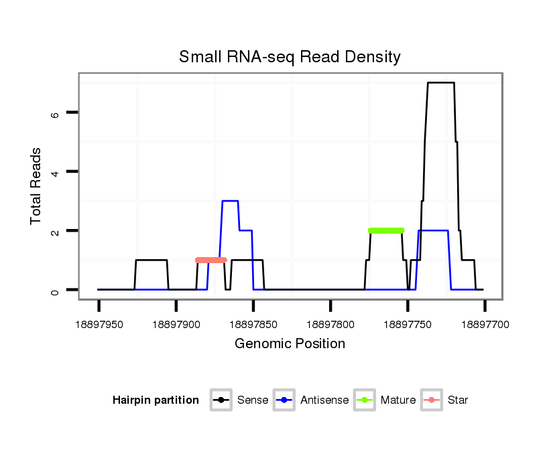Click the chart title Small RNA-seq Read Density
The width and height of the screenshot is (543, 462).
pyautogui.click(x=290, y=57)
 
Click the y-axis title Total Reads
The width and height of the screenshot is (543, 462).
pyautogui.click(x=36, y=186)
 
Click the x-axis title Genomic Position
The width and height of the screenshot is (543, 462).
pyautogui.click(x=290, y=344)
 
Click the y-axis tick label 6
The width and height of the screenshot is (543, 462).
pyautogui.click(x=56, y=113)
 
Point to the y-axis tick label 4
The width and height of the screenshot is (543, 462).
pyautogui.click(x=56, y=172)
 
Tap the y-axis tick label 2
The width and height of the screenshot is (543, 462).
pyautogui.click(x=56, y=231)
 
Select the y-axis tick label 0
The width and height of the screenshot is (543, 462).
pyautogui.click(x=56, y=290)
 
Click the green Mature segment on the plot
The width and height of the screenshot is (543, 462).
pyautogui.click(x=386, y=230)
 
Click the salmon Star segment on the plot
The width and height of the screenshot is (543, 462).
pyautogui.click(x=211, y=260)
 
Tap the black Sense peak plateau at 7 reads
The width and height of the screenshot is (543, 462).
pyautogui.click(x=441, y=82)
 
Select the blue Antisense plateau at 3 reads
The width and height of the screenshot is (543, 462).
pyautogui.click(x=230, y=201)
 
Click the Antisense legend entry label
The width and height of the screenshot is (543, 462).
pyautogui.click(x=324, y=400)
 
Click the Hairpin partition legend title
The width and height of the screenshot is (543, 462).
pyautogui.click(x=156, y=400)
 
